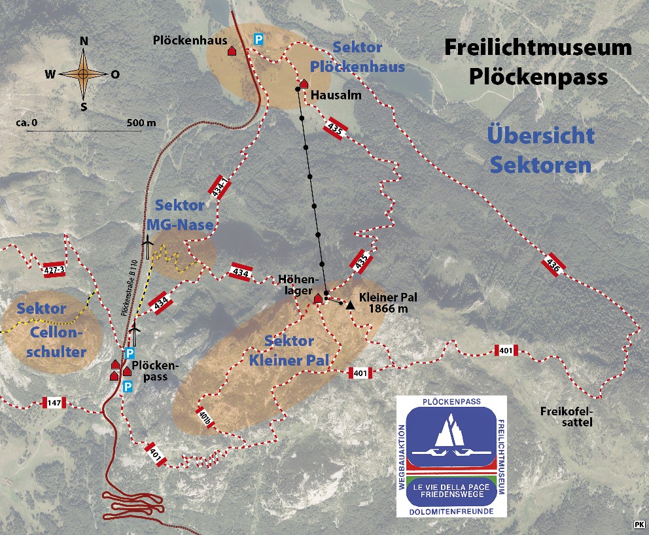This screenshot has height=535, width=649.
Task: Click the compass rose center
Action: pos(84,74)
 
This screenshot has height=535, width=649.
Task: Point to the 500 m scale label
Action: pos(141,122)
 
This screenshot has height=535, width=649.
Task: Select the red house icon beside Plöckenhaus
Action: pos(232,50)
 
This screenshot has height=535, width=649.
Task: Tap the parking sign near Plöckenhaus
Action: pos(258,40)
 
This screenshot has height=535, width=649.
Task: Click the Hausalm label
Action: pos(336,95)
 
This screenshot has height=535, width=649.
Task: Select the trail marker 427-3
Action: pos(57,270)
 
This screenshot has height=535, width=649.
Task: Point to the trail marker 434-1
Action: pos(219,187)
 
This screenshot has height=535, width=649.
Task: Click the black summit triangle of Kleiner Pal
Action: pos(351,305)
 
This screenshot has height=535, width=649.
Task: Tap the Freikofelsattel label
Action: pos(567,417)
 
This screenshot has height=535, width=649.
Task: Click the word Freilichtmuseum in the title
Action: pos(538,48)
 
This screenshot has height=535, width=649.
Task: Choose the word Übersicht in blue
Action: pos(541,136)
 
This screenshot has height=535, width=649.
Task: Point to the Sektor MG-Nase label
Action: pos(179,215)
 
